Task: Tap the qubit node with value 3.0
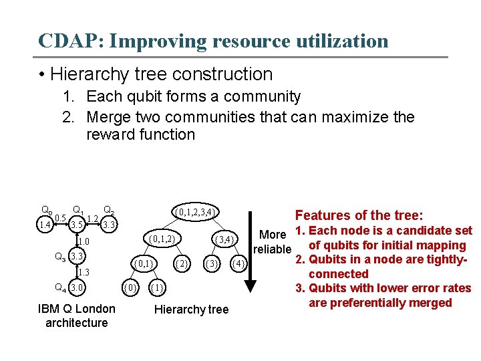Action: tap(77, 288)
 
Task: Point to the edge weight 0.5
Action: tap(60, 219)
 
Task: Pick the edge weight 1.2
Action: tap(94, 219)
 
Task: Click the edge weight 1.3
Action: tap(82, 272)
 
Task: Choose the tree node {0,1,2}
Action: tap(162, 238)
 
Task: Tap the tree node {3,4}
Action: tap(224, 239)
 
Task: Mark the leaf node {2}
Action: tap(181, 263)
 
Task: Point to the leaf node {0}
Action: tap(132, 288)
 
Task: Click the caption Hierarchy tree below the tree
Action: tap(191, 309)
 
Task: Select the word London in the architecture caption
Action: tap(95, 309)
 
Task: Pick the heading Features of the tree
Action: tap(359, 215)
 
